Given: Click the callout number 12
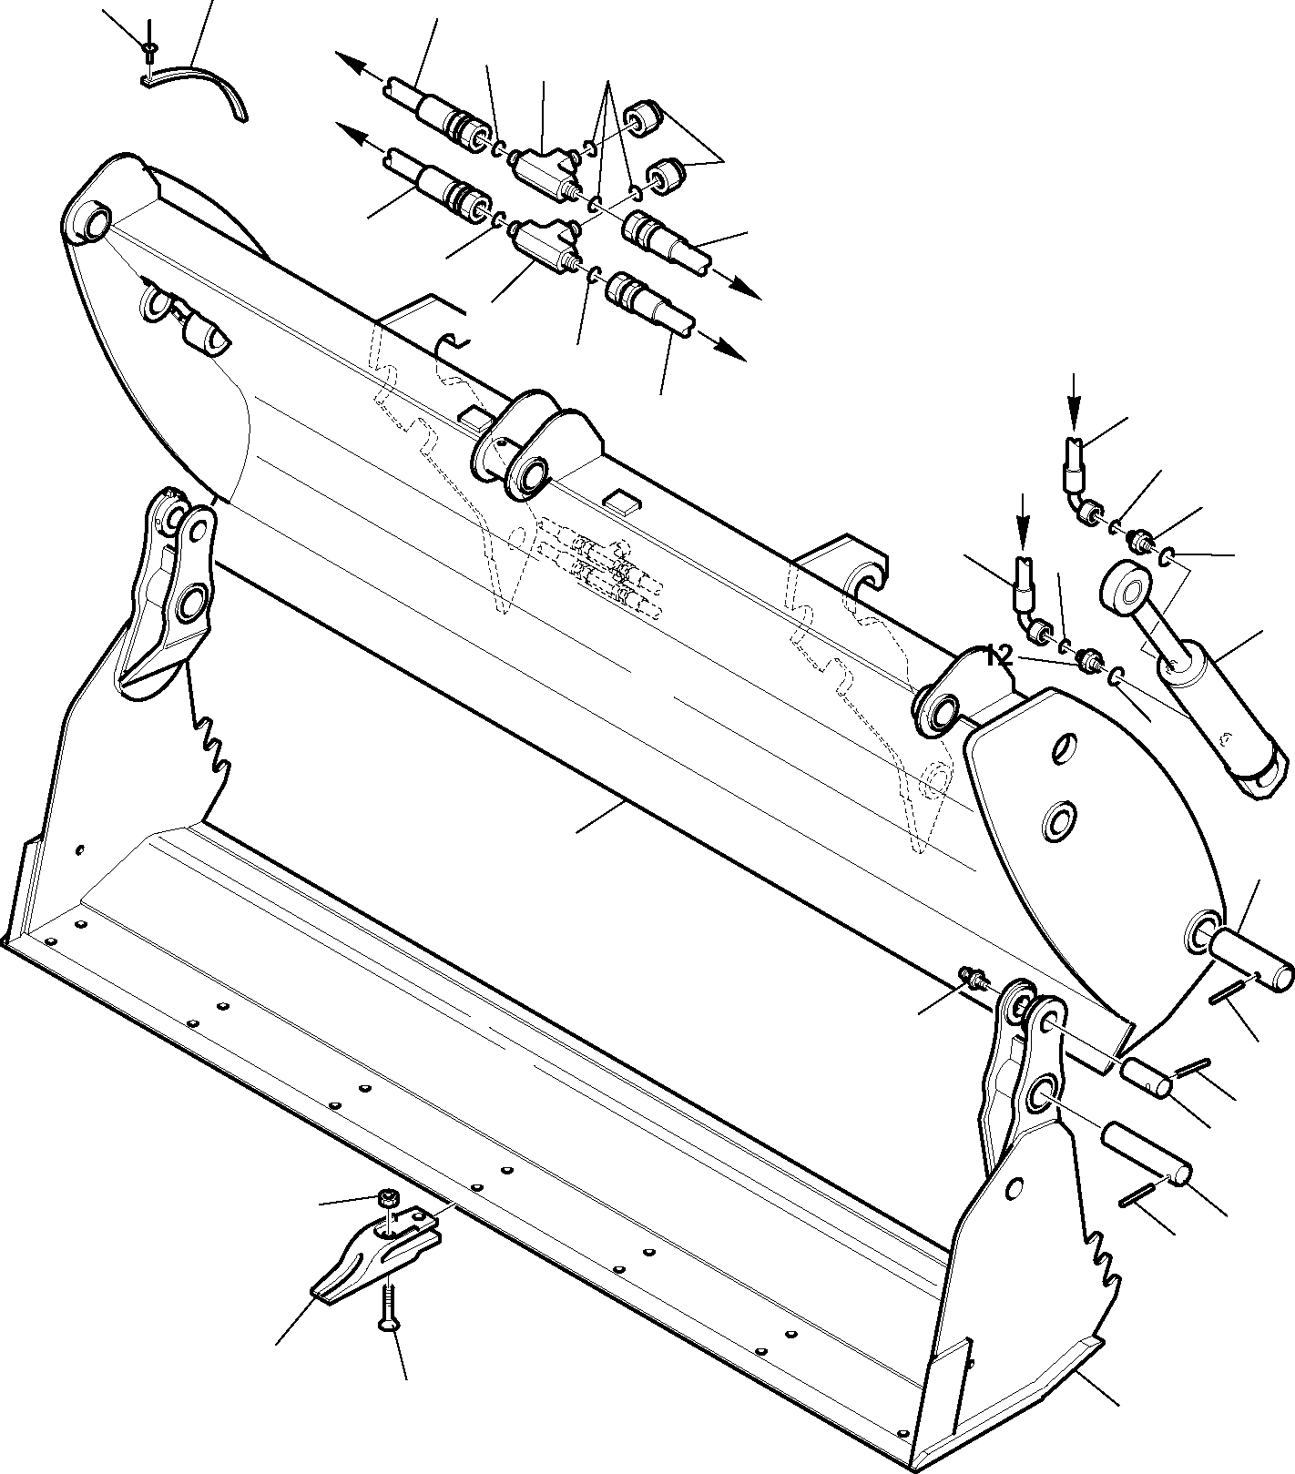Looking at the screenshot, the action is (999, 656).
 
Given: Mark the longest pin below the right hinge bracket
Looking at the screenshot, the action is (1146, 1152).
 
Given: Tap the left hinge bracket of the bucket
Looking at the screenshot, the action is (173, 583).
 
